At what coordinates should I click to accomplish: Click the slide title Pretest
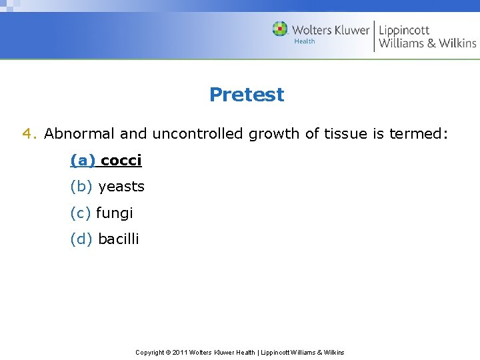pyautogui.click(x=246, y=95)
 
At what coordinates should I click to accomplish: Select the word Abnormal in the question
pyautogui.click(x=80, y=134)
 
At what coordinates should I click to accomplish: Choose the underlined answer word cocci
pyautogui.click(x=121, y=161)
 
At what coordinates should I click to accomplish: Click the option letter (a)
pyautogui.click(x=83, y=161)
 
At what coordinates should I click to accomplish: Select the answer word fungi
pyautogui.click(x=115, y=213)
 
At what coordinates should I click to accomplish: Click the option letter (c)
pyautogui.click(x=81, y=213)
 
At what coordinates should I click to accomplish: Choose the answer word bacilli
pyautogui.click(x=118, y=239)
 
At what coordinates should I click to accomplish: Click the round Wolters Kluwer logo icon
pyautogui.click(x=280, y=29)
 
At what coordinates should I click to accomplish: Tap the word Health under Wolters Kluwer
pyautogui.click(x=305, y=42)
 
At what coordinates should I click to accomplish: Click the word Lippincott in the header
pyautogui.click(x=404, y=30)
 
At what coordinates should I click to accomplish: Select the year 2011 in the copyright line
pyautogui.click(x=179, y=352)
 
